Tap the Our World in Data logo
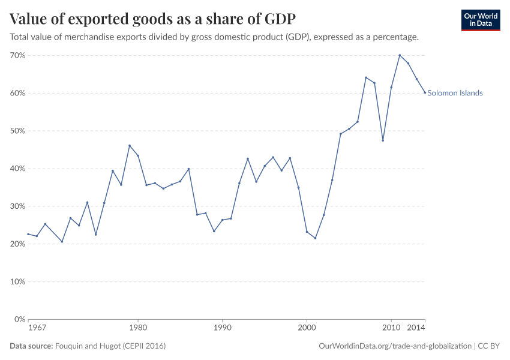pos(480,20)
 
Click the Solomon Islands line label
pos(455,93)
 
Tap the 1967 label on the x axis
pos(37,329)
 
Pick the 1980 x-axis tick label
pos(138,329)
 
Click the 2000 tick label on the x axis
pos(307,329)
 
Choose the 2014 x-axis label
pos(416,329)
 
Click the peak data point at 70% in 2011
pos(400,55)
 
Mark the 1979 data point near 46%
pos(130,145)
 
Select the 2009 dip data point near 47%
pos(383,140)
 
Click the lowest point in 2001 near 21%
pos(315,238)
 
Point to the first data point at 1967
pos(28,234)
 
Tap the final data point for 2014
pos(425,92)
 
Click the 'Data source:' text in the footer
pos(31,346)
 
